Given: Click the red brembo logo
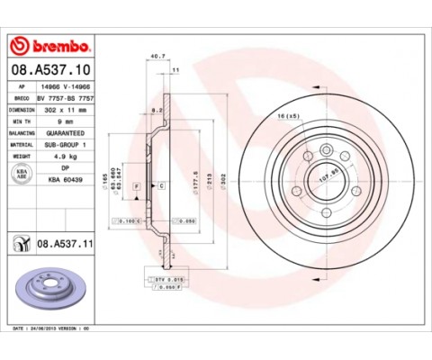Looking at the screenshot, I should (x=50, y=46).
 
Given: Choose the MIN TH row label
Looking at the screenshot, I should (x=21, y=120).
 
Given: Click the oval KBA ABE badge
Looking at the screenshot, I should (x=21, y=173).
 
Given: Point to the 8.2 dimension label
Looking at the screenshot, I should (x=155, y=109).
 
